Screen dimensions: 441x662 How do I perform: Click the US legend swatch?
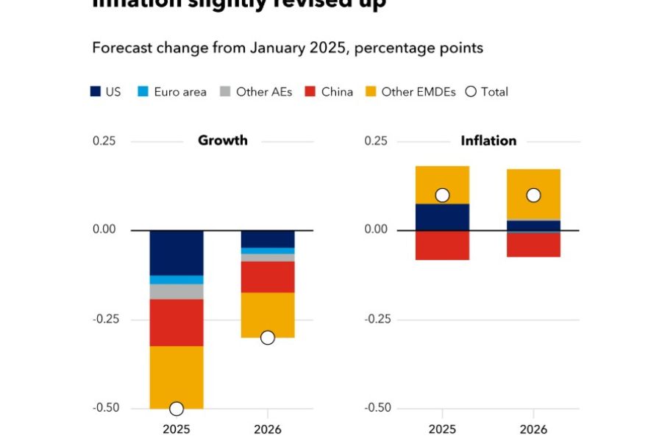pos(96,92)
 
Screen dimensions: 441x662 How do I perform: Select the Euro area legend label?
pos(180,92)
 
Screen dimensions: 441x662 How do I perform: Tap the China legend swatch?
pos(310,92)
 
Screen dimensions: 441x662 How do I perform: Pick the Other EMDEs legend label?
pos(419,92)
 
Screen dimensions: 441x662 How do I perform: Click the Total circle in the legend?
pos(471,92)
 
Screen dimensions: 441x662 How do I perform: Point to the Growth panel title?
pos(223,140)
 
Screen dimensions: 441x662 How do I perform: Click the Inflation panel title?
pos(488,140)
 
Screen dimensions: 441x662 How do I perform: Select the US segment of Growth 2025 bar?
pos(177,252)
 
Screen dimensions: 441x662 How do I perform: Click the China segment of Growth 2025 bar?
pos(177,322)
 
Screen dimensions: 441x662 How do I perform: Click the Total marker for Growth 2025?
pos(177,409)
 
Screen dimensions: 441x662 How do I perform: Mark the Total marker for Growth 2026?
pos(268,337)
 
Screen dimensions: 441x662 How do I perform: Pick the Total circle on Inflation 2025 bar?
pos(442,195)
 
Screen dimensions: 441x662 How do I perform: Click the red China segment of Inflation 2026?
pos(533,245)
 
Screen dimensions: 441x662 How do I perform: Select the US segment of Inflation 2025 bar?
pos(442,217)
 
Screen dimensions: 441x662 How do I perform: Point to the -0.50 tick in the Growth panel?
pos(104,408)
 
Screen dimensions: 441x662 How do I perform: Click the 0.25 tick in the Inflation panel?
pos(377,141)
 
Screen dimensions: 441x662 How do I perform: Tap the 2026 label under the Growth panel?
pos(268,430)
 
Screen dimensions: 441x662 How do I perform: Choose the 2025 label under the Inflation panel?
pos(442,430)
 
